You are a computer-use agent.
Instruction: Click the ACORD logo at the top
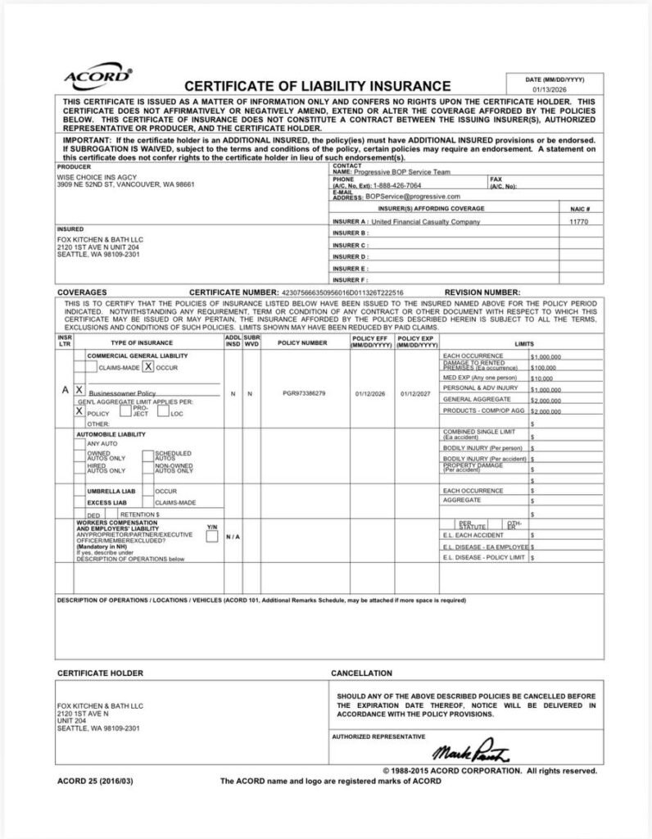(97, 76)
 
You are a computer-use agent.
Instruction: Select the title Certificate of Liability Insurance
(318, 86)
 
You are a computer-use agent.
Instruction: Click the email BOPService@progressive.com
(413, 197)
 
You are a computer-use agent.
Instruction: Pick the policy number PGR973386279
(303, 393)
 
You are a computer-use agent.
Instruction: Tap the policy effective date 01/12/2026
(371, 393)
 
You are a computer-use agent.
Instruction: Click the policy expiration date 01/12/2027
(416, 393)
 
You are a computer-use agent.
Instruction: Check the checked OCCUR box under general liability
(148, 367)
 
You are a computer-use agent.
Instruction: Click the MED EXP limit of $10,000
(542, 379)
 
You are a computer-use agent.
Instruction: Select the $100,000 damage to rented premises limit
(544, 368)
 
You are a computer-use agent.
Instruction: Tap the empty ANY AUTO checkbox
(80, 442)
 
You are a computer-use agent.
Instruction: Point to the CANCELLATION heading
(361, 673)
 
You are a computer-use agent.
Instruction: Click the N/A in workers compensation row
(233, 537)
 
